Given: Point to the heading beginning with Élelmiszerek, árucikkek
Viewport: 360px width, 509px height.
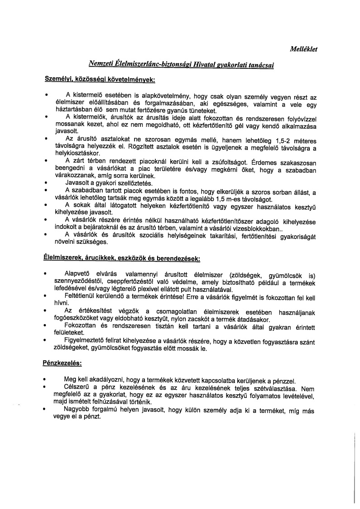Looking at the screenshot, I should coord(121,258).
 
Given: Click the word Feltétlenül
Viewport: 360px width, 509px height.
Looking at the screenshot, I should coord(84,296).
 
